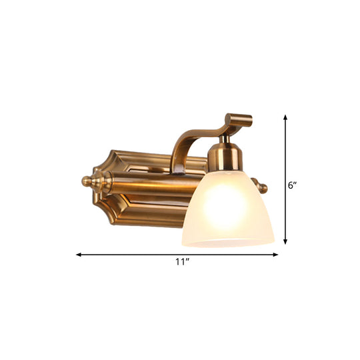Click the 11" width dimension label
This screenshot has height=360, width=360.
point(179,263)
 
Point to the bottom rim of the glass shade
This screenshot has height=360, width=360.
point(227,243)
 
